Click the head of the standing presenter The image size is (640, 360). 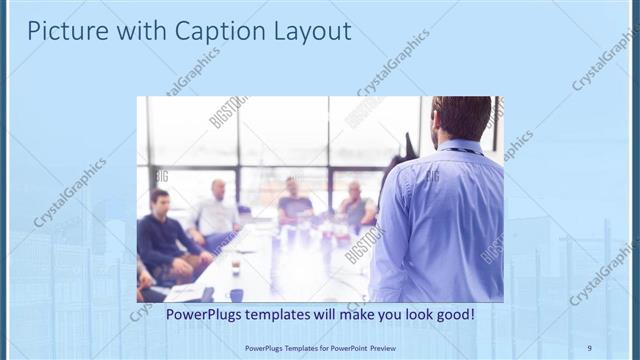point(462,117)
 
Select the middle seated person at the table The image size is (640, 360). point(294,203)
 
